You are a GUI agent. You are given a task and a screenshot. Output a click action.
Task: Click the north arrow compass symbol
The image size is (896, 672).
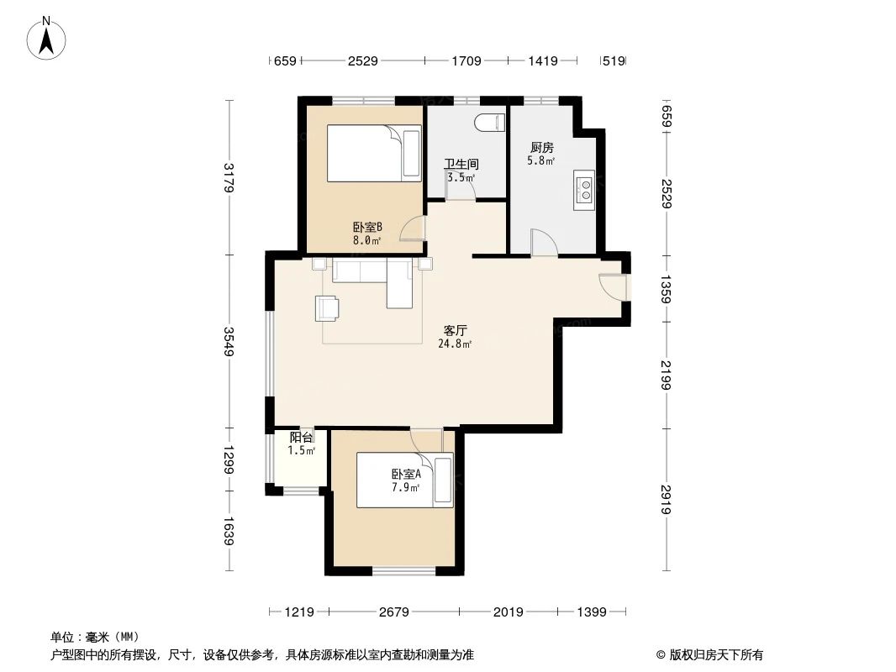coord(48,38)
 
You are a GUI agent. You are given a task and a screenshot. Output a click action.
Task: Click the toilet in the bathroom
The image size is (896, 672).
coord(488,123)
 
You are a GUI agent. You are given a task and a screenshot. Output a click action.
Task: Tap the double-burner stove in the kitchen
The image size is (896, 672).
coord(582,189)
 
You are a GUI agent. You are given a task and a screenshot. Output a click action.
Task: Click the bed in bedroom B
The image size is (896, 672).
coord(374,153)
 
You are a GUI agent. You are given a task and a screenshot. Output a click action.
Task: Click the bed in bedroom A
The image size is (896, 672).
coord(405,480)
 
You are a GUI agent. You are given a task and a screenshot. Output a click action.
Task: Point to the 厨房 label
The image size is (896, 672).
coord(540,148)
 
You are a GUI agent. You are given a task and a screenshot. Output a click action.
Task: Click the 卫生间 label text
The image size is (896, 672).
coord(461,164)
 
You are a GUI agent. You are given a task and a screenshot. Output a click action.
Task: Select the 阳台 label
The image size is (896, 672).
coord(302,438)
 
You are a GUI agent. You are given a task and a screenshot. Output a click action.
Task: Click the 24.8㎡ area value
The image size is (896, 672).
coord(455,344)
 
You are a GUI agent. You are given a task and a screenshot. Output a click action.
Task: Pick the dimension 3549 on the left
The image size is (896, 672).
coord(228,341)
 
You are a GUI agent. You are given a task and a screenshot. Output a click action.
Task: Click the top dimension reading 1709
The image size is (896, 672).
coord(466,60)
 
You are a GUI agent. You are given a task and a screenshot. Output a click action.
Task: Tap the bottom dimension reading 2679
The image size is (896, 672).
coord(393,612)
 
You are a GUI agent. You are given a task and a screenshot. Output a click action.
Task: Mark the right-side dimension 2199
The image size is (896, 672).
coord(666,375)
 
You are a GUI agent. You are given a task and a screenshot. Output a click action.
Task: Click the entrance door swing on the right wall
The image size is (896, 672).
coord(612,286)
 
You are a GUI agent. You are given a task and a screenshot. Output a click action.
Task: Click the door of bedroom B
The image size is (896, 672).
coord(413,229)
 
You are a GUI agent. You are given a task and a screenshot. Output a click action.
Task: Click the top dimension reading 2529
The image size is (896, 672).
coord(363,60)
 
